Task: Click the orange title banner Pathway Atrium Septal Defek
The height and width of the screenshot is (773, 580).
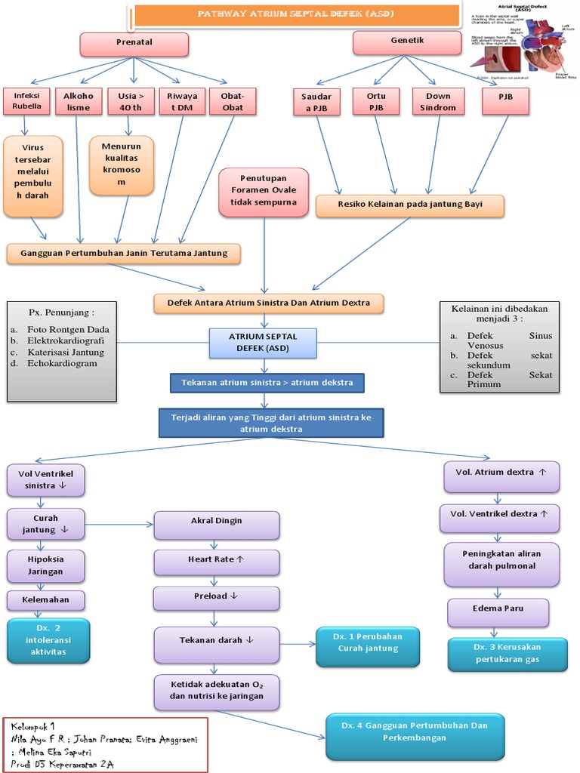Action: [x=295, y=14]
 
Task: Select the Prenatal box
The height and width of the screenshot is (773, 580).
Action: [x=134, y=44]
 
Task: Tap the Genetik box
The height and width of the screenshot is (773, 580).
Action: [x=407, y=42]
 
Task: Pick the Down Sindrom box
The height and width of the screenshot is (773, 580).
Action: [x=438, y=102]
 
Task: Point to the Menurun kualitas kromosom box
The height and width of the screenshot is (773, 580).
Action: [x=121, y=165]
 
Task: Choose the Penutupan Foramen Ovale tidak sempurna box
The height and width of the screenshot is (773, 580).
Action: [x=264, y=192]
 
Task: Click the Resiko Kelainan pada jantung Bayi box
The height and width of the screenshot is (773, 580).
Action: [x=409, y=205]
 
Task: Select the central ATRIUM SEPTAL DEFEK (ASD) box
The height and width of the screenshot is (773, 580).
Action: [x=264, y=343]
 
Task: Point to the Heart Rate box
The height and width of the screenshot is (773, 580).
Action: [x=216, y=561]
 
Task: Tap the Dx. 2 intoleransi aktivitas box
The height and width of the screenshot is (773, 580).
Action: [x=48, y=640]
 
